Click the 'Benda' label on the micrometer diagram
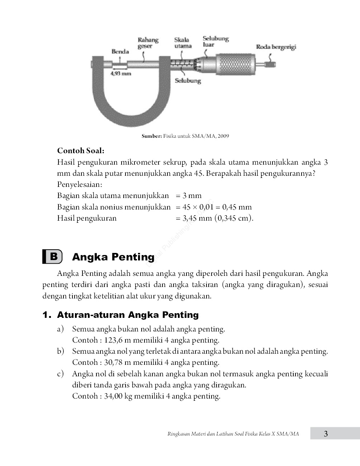point(120,51)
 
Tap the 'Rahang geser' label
point(148,43)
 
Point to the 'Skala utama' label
point(183,43)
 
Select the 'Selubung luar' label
point(215,41)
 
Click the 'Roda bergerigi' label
point(276,47)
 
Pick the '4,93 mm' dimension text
point(121,74)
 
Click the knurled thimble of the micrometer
point(235,65)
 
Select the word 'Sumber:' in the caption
point(152,136)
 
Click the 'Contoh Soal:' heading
point(81,151)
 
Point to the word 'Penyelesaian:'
point(80,184)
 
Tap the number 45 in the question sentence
point(199,173)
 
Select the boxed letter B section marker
point(52,256)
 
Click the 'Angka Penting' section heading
point(113,257)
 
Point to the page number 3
point(326,434)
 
